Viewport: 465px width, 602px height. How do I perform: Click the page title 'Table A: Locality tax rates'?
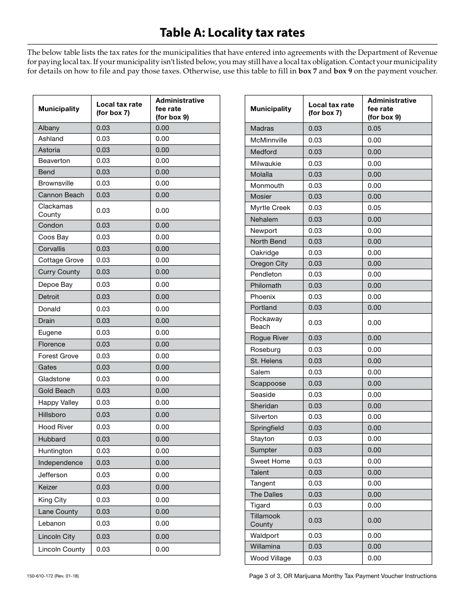232,33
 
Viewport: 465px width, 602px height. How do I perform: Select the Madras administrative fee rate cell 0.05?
374,128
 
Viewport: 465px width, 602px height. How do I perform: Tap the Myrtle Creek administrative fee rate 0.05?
374,208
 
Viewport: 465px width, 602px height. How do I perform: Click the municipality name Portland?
263,307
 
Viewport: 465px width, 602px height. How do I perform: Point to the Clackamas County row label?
55,210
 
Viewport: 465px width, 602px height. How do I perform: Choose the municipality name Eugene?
50,332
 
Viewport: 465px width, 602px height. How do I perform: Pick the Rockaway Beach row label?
266,323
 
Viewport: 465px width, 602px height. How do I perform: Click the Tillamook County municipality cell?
265,520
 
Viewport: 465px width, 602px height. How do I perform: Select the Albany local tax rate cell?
103,128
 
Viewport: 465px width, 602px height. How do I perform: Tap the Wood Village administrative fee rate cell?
374,558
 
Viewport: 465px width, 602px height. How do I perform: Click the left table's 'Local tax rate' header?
119,109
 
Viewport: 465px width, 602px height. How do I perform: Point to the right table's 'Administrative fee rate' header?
392,109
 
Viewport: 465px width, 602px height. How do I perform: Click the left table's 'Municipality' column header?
59,109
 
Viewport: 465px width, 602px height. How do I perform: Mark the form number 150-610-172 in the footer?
53,576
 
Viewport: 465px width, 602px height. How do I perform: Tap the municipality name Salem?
260,372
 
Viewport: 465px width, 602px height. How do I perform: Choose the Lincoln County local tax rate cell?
103,549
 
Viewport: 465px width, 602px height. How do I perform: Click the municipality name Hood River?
56,427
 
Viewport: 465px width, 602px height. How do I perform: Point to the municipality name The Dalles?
266,494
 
